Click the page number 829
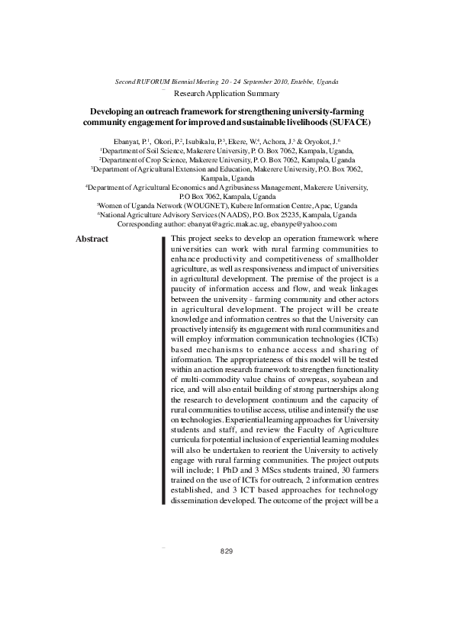[x=226, y=551]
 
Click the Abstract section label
[x=92, y=240]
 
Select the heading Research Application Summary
[x=227, y=94]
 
